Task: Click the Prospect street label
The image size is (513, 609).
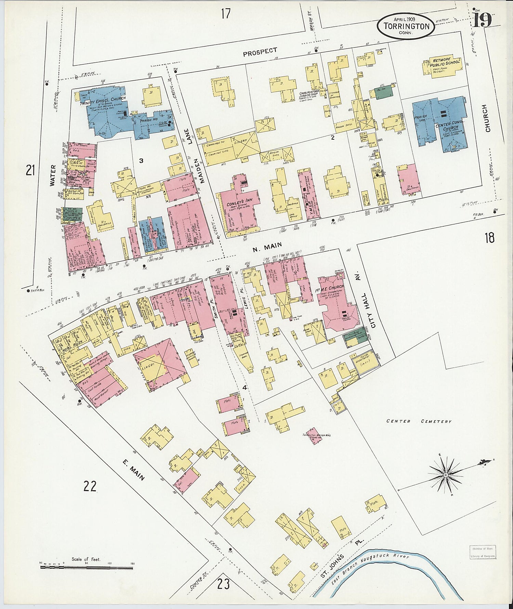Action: pos(260,52)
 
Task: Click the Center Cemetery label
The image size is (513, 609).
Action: pos(419,421)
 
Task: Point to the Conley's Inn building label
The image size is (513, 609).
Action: pos(237,204)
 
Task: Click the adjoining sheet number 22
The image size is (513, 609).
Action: pos(90,486)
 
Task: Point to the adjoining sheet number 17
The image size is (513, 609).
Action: pos(225,14)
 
